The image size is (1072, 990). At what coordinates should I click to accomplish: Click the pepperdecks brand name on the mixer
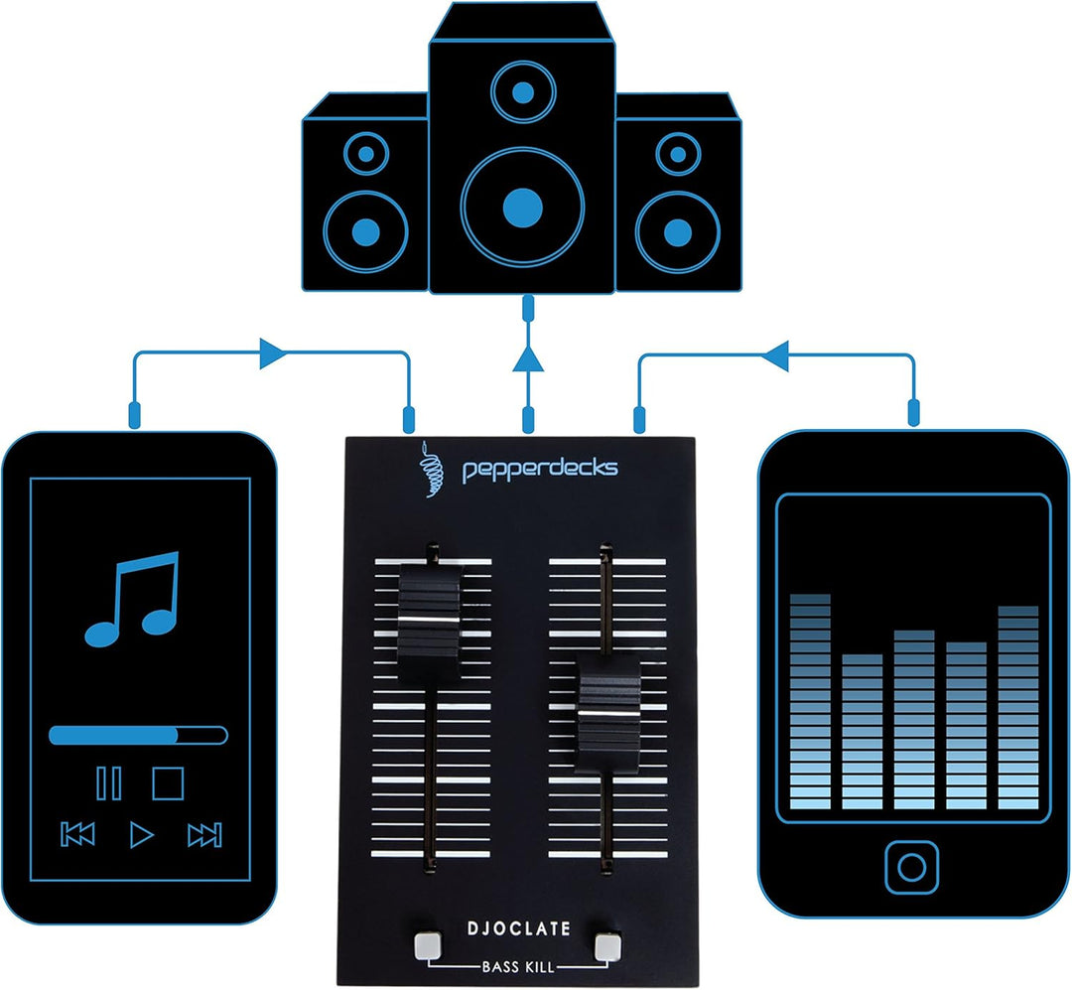pos(540,470)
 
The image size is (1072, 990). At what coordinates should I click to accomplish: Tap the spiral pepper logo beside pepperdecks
pos(431,469)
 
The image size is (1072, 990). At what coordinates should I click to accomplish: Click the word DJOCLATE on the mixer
pos(518,928)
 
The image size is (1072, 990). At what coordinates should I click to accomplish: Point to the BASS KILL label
pos(518,967)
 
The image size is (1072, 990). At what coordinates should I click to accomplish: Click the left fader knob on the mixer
pos(431,622)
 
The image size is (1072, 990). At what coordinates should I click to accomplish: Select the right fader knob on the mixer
pos(607,714)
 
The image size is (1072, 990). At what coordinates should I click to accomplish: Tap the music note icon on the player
pos(133,599)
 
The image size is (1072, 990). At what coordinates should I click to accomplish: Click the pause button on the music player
pos(109,783)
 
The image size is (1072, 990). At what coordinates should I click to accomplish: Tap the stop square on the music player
pos(168,783)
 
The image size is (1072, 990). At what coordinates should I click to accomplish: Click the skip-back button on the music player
pos(77,835)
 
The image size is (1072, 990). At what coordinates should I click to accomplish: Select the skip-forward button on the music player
pos(204,835)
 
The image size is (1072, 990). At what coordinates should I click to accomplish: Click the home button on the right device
pos(911,867)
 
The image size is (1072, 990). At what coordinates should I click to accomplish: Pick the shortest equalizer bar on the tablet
pos(863,732)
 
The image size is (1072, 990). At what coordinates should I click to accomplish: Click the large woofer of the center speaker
pos(522,208)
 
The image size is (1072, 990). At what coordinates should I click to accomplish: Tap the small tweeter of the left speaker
pos(365,154)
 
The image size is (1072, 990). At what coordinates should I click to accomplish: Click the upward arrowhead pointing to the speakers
pos(528,358)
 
